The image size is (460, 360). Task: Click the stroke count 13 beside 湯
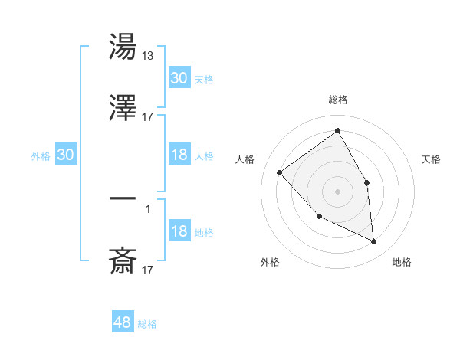click(148, 55)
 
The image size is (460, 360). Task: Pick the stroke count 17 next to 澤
click(148, 116)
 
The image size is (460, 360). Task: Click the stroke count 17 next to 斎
click(148, 270)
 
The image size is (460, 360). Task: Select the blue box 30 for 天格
click(179, 78)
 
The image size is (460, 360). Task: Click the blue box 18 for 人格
click(179, 155)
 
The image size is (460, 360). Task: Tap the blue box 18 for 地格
click(179, 231)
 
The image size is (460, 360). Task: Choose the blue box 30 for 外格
click(66, 155)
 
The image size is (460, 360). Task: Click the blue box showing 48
click(123, 322)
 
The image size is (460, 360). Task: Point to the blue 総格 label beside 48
click(147, 324)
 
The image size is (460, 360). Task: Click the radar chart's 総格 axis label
click(338, 100)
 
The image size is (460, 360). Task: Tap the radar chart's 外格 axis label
click(270, 262)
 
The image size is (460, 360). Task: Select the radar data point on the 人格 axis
click(280, 172)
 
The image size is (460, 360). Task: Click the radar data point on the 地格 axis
click(374, 242)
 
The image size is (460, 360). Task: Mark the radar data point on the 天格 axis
click(366, 182)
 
